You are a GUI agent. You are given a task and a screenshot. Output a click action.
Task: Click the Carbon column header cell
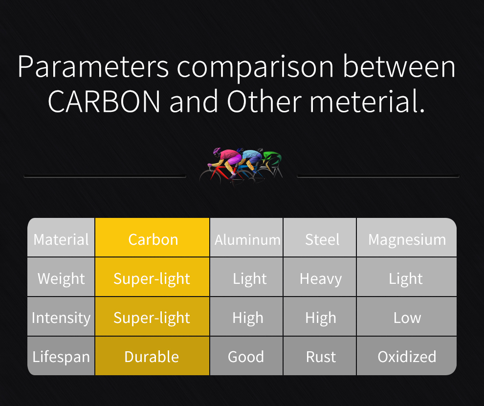(153, 237)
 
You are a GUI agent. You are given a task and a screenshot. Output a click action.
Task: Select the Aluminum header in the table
(246, 237)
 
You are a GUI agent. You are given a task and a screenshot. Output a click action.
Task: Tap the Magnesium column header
(407, 237)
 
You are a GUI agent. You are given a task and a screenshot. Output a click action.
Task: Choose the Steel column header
(320, 237)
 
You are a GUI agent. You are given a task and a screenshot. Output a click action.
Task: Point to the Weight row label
(61, 277)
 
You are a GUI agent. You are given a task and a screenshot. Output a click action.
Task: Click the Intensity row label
(61, 317)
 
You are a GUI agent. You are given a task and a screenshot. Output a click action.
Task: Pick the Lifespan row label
(61, 356)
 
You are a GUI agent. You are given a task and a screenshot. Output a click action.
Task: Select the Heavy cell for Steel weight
(320, 277)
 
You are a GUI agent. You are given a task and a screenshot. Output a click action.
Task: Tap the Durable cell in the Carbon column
(153, 356)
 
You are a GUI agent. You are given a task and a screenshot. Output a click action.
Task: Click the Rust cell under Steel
(320, 356)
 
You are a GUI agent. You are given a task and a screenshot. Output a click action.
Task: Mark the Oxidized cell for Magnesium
(407, 356)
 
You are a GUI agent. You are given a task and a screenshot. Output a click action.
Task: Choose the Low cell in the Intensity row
(407, 317)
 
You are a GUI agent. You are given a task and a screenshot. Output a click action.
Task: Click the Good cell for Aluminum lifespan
(246, 356)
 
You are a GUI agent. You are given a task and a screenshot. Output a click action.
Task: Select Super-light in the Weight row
(153, 277)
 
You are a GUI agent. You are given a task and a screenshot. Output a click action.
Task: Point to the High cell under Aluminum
(246, 317)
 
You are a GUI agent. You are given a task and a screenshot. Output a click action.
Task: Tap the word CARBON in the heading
(104, 101)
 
